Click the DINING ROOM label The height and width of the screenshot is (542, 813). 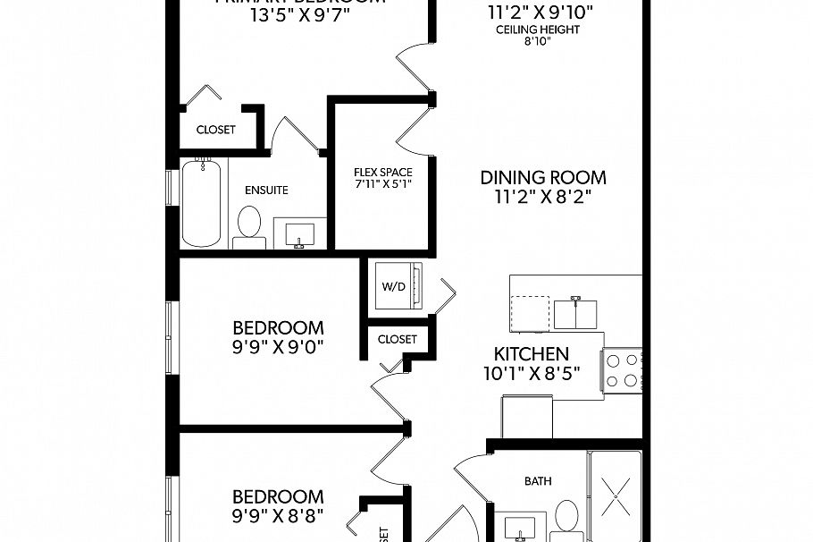(543, 177)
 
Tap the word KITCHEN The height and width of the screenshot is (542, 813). (532, 353)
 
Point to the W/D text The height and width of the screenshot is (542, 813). (393, 287)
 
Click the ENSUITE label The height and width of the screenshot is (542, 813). (266, 190)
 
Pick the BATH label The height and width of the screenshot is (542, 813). (537, 481)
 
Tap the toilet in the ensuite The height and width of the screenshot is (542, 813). (249, 226)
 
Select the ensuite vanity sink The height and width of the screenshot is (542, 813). (299, 234)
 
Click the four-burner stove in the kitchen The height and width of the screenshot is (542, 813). (623, 368)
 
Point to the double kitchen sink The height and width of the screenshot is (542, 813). (576, 313)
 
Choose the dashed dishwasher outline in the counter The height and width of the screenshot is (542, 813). (530, 313)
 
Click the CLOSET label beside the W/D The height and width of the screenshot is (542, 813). (397, 339)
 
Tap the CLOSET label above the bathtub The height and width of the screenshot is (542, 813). (215, 130)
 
